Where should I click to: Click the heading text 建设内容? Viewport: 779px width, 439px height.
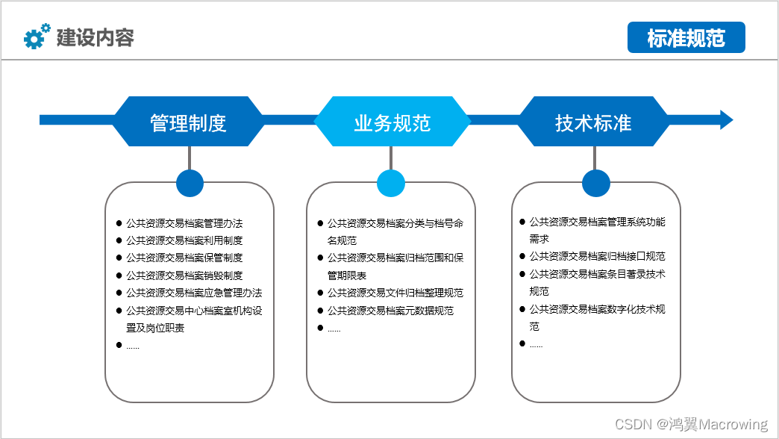point(95,37)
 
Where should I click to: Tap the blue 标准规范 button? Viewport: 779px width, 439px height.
point(686,37)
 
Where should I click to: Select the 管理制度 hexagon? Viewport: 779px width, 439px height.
point(188,121)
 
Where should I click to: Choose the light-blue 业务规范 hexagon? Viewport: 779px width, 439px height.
point(392,121)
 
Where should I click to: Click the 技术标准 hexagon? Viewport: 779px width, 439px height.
point(594,121)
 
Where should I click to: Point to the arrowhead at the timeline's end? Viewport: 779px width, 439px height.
point(726,119)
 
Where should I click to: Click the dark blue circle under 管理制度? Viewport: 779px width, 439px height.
point(190,184)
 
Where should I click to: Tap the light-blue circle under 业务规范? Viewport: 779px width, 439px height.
point(391,184)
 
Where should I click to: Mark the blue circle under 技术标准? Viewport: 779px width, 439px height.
point(595,184)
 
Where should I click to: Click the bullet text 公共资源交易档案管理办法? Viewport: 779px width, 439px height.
point(184,223)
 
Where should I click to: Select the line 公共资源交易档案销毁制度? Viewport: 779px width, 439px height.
point(184,275)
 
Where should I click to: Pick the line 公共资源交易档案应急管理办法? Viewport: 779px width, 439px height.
point(194,293)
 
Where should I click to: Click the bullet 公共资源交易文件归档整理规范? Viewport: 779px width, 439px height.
point(395,293)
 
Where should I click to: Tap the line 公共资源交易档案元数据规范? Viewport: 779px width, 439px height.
point(390,311)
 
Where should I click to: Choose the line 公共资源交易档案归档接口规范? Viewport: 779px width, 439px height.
point(597,256)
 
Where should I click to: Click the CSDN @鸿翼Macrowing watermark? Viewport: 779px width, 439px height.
point(691,424)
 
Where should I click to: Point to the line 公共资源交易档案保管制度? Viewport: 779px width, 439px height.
point(184,258)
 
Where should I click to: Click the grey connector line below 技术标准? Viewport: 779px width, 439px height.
point(595,158)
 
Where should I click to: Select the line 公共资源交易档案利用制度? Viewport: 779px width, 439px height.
point(184,240)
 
